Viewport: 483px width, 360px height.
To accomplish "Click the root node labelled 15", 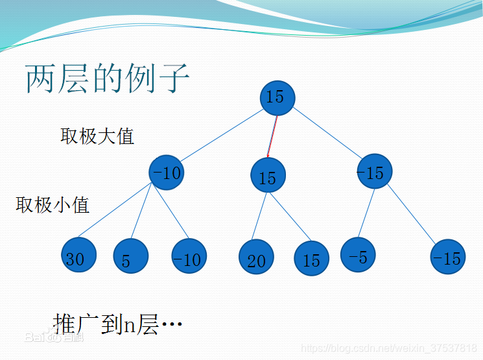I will point(277,97).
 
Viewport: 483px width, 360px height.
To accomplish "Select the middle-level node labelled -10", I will point(167,173).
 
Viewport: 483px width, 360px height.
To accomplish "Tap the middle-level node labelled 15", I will point(268,176).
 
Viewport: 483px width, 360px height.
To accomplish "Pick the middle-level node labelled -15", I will point(374,171).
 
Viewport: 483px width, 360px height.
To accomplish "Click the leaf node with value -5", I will point(358,255).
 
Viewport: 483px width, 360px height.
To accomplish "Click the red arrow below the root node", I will point(272,136).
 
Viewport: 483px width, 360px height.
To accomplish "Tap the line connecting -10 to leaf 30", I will point(117,212).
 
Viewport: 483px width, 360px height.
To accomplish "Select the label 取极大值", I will point(97,136).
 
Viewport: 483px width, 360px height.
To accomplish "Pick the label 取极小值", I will point(53,205).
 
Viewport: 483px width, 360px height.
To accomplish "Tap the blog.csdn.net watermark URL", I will point(389,349).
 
